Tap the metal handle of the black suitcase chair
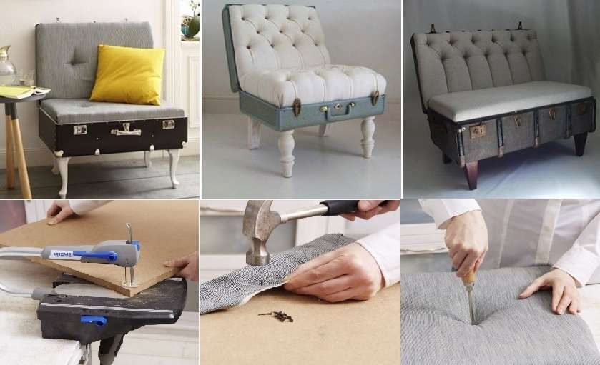pyautogui.click(x=126, y=130)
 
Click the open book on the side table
pyautogui.click(x=21, y=91)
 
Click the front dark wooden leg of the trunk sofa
pyautogui.click(x=471, y=174)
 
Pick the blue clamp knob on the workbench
pyautogui.click(x=92, y=319)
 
